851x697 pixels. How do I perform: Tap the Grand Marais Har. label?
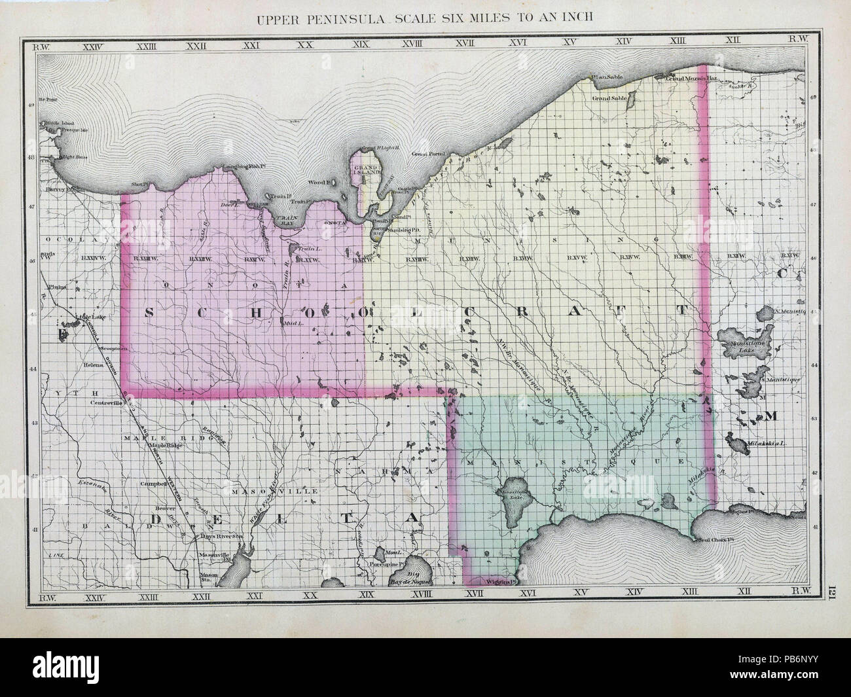693,79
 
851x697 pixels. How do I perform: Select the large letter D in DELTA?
158,520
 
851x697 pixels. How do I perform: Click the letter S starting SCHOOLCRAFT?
146,312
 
